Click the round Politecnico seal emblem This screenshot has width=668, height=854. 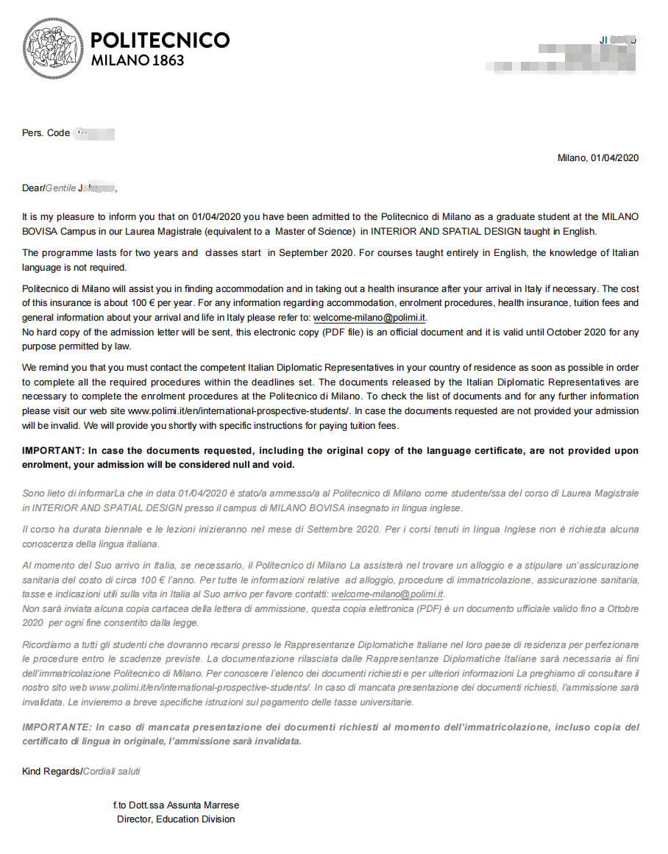(52, 49)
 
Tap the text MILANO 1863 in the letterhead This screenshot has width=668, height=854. (138, 60)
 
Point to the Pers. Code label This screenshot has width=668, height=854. (46, 133)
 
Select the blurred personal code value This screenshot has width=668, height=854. (95, 134)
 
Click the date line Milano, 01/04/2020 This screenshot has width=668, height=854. (597, 158)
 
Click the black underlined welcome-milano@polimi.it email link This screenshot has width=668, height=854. (369, 318)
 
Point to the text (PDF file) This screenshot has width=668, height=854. (416, 332)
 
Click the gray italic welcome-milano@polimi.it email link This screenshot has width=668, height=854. (387, 594)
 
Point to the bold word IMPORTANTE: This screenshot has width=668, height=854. (56, 727)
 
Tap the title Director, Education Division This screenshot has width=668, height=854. (176, 819)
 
